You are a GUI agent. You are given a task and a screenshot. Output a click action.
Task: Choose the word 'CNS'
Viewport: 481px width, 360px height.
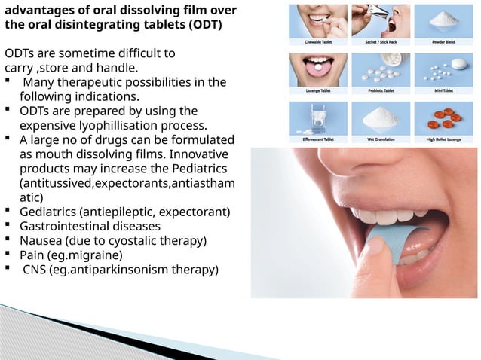[x=35, y=269]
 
